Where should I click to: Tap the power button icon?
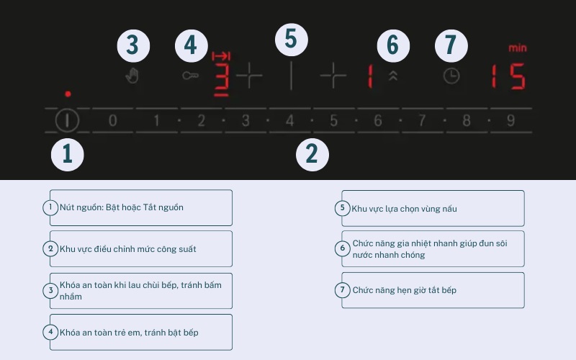[x=67, y=120]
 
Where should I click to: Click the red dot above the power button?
[x=68, y=94]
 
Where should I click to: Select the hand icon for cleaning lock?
[x=132, y=76]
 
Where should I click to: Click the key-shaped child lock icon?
[x=190, y=76]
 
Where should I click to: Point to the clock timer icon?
[x=451, y=76]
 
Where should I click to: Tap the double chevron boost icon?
[x=393, y=76]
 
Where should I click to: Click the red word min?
[x=518, y=48]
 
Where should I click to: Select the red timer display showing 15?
[x=509, y=76]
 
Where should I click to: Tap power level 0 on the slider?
[x=113, y=120]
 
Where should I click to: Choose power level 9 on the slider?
[x=510, y=120]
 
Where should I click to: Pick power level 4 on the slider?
[x=290, y=120]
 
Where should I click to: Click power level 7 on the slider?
[x=422, y=120]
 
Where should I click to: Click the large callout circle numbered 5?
[x=292, y=40]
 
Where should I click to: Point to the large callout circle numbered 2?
[x=312, y=154]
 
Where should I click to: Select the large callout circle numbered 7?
[x=451, y=46]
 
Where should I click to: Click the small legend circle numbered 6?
[x=343, y=248]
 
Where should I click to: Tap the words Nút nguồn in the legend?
[x=81, y=207]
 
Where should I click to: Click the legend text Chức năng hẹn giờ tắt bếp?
[x=405, y=290]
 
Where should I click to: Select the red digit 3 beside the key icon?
[x=222, y=80]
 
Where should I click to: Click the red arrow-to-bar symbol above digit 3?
[x=221, y=56]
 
